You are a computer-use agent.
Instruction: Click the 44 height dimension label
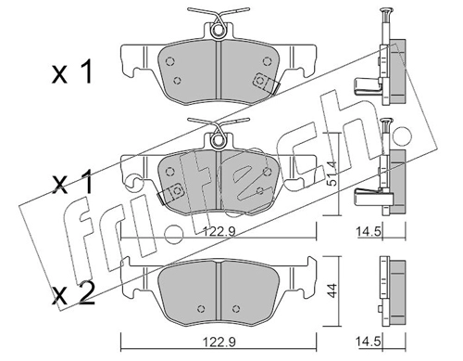(332, 290)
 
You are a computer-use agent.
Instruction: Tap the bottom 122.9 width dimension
(219, 342)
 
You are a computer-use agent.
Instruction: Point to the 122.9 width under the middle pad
(219, 231)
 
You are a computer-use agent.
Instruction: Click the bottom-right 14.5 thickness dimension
(369, 342)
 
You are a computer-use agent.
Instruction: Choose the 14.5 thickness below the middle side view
(369, 231)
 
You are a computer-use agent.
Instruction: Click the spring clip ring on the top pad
(218, 31)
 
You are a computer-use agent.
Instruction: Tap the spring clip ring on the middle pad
(218, 140)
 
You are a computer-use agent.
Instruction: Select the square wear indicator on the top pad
(260, 82)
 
